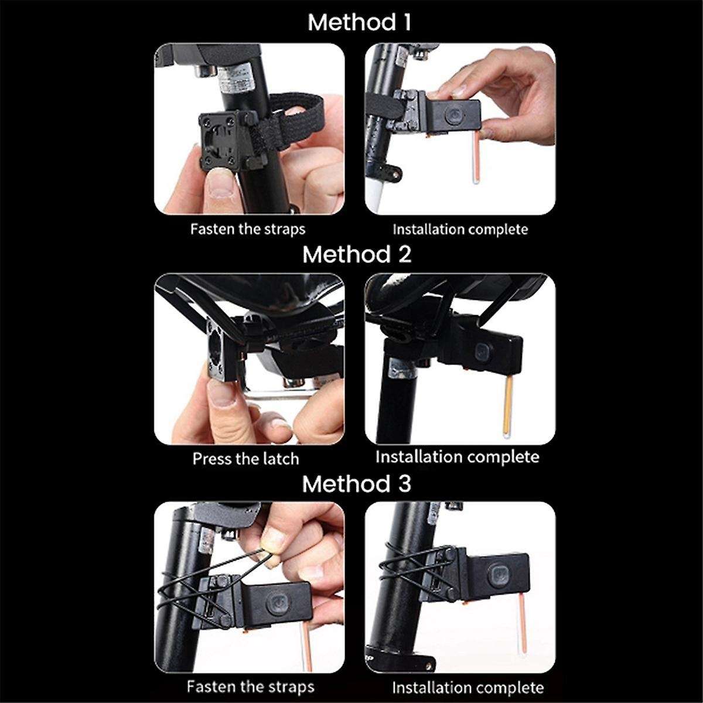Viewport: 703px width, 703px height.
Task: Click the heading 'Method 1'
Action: point(359,23)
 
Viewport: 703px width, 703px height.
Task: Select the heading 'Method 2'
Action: point(357,255)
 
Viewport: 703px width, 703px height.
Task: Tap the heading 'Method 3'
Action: point(357,484)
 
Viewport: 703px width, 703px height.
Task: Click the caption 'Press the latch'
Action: point(245,458)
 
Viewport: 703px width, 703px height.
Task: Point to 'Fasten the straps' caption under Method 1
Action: point(248,228)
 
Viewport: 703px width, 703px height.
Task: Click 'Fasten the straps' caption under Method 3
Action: point(250,686)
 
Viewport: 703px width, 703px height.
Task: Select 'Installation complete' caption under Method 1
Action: point(460,229)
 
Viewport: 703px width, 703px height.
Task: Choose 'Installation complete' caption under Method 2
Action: point(457,456)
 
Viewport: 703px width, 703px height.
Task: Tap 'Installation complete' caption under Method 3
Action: point(467,687)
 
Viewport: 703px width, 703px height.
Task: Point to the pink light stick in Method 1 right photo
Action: point(476,158)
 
